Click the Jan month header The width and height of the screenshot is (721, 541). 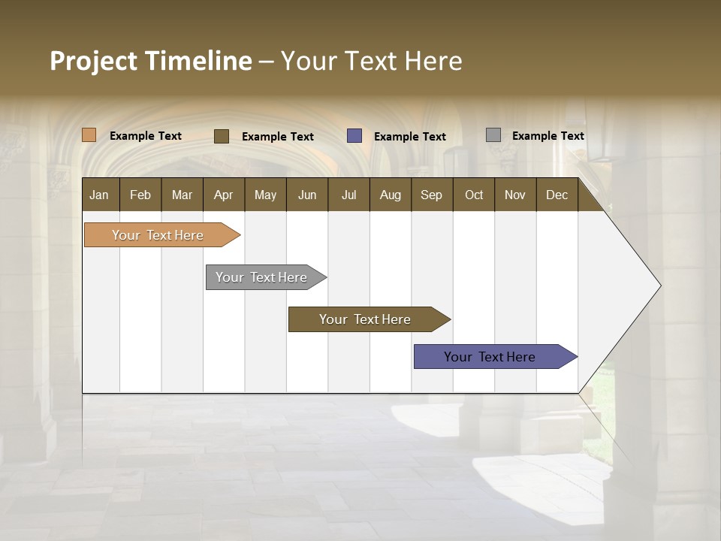[100, 195]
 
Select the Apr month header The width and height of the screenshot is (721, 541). [224, 195]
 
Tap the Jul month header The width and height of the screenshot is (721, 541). [348, 195]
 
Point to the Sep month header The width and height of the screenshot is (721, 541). [432, 195]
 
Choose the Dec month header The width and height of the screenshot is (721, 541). [557, 195]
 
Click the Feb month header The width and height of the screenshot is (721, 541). [140, 195]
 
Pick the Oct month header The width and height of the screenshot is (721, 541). [474, 195]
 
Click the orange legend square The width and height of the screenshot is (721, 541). [89, 135]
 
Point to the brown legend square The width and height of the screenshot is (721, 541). [222, 136]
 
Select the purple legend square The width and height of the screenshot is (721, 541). [354, 136]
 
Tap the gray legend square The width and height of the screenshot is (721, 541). [493, 135]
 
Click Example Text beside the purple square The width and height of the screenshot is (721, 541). [409, 137]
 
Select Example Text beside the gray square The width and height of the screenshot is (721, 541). [548, 136]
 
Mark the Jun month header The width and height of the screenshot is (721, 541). [307, 195]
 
